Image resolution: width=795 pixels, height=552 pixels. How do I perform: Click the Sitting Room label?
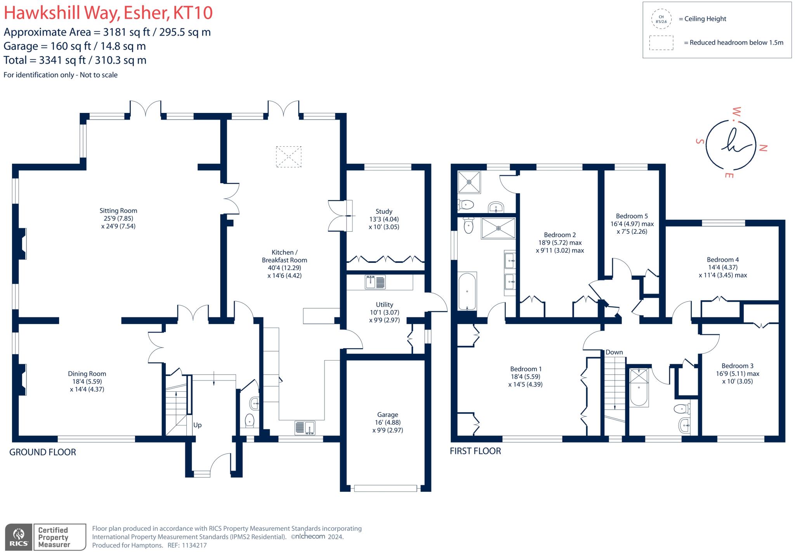tap(118, 211)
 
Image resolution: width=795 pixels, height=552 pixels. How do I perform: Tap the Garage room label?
tap(387, 415)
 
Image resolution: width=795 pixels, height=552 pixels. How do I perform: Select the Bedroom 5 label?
tap(632, 216)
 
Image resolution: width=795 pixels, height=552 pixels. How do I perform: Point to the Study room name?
tap(384, 212)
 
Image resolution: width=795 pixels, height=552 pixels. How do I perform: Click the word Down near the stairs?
tap(614, 352)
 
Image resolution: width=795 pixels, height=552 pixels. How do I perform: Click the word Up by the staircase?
tap(197, 425)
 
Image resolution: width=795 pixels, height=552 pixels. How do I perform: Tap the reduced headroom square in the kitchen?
tap(288, 157)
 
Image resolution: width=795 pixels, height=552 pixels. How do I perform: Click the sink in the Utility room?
tap(375, 282)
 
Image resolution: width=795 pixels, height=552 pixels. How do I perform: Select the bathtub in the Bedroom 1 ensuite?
tap(467, 291)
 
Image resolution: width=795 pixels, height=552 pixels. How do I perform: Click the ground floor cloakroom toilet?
tap(250, 420)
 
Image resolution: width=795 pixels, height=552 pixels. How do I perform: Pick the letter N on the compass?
tap(763, 148)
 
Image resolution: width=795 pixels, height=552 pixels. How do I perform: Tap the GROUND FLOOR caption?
tap(43, 452)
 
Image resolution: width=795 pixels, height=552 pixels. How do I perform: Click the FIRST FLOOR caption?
tap(475, 451)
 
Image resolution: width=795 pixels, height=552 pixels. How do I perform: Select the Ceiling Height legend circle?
tap(661, 19)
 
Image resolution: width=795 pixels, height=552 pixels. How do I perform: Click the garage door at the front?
tap(385, 488)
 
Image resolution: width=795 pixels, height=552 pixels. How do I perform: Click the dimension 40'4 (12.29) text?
tap(285, 268)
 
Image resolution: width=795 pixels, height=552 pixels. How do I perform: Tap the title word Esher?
tap(146, 13)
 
